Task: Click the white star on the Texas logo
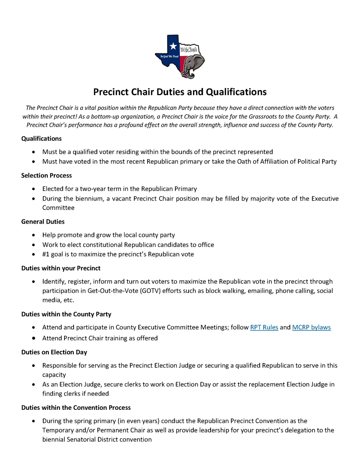(173, 46)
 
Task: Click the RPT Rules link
(264, 327)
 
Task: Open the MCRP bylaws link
(311, 327)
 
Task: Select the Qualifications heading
(41, 139)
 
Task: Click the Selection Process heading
(46, 176)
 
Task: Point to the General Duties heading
(43, 222)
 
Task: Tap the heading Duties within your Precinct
(61, 268)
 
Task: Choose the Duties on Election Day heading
(54, 352)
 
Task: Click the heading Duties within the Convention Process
(76, 408)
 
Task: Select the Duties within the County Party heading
(66, 314)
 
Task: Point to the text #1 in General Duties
(46, 254)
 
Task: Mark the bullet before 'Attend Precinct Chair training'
(33, 338)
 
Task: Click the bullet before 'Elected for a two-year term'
(33, 189)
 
